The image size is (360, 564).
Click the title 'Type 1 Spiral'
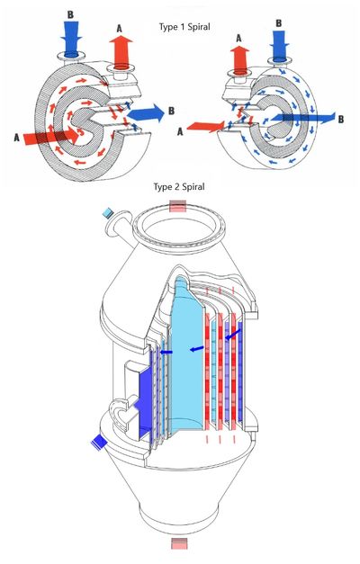pyautogui.click(x=184, y=27)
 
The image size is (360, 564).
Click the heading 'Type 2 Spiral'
pyautogui.click(x=179, y=187)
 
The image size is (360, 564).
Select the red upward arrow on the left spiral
pyautogui.click(x=121, y=50)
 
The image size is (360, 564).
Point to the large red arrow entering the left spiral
pyautogui.click(x=51, y=137)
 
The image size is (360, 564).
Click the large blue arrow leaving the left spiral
pyautogui.click(x=146, y=113)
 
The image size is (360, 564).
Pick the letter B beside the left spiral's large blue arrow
pyautogui.click(x=171, y=111)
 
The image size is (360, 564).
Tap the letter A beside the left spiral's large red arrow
pyautogui.click(x=16, y=138)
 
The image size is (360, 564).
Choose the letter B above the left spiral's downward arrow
pyautogui.click(x=70, y=14)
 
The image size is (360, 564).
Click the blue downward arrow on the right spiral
pyautogui.click(x=279, y=44)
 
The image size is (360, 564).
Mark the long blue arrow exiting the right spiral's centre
pyautogui.click(x=303, y=118)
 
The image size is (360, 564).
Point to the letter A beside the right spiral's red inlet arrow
pyautogui.click(x=180, y=132)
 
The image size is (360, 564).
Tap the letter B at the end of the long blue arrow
pyautogui.click(x=340, y=120)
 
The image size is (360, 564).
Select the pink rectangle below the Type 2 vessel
pyautogui.click(x=179, y=543)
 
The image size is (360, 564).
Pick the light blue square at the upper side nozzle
pyautogui.click(x=108, y=213)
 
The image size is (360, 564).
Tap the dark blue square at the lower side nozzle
pyautogui.click(x=99, y=442)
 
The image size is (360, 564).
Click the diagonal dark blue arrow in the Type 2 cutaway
pyautogui.click(x=233, y=335)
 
